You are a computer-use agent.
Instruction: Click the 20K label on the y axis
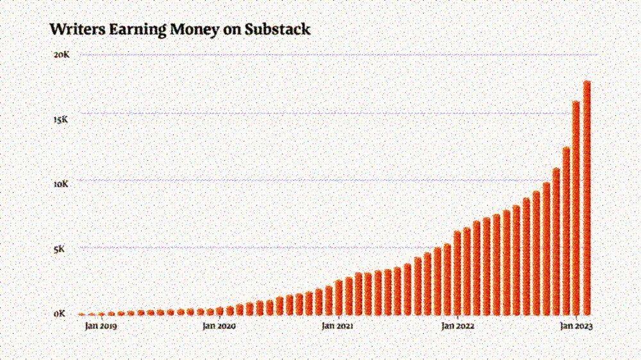[62, 55]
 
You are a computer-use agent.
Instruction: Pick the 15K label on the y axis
[62, 120]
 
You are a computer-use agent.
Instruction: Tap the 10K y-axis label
[62, 184]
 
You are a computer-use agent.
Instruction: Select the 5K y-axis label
[59, 249]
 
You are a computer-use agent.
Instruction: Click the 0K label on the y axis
[60, 314]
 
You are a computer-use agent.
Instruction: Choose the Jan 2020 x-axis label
[219, 327]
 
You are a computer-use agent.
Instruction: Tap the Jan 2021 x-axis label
[337, 327]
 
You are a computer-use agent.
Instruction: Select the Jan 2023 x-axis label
[576, 327]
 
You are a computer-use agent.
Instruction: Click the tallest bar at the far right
[587, 199]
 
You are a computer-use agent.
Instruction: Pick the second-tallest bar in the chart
[576, 208]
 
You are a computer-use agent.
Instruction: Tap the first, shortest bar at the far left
[81, 314]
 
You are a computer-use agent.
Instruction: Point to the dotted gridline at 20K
[320, 55]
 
